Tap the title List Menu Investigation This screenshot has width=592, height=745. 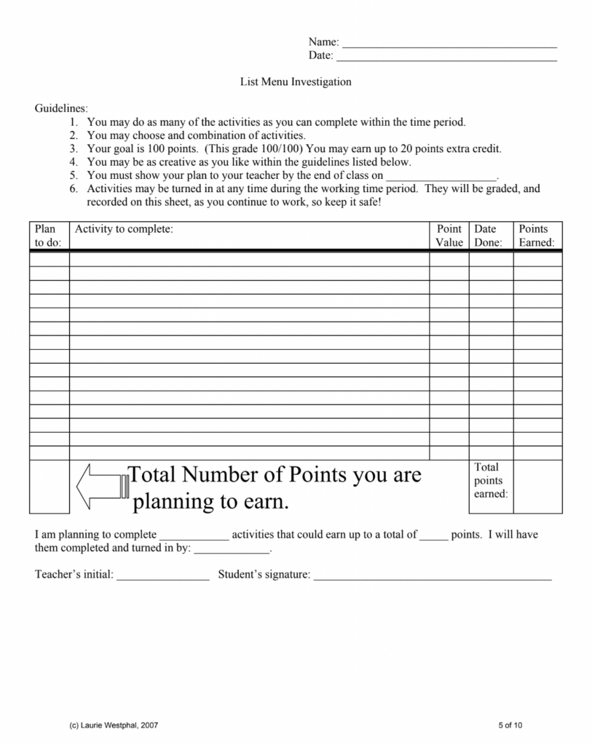tap(296, 81)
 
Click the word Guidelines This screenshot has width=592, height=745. tap(61, 108)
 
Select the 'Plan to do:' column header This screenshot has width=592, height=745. tap(48, 236)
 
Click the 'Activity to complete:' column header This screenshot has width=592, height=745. tap(124, 229)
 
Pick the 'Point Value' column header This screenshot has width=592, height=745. tap(449, 236)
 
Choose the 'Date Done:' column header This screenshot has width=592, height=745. tap(489, 236)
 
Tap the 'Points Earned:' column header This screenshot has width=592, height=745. tap(537, 236)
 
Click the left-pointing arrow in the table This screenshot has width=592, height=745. tap(101, 486)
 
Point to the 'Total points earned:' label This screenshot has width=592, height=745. tap(490, 480)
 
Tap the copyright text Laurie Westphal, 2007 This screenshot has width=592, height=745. tap(113, 725)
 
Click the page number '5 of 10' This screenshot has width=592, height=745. tap(510, 725)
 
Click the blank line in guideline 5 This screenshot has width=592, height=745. tap(440, 178)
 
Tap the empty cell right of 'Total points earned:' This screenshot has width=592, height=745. tap(537, 486)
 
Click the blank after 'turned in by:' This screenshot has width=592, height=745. tap(231, 551)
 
